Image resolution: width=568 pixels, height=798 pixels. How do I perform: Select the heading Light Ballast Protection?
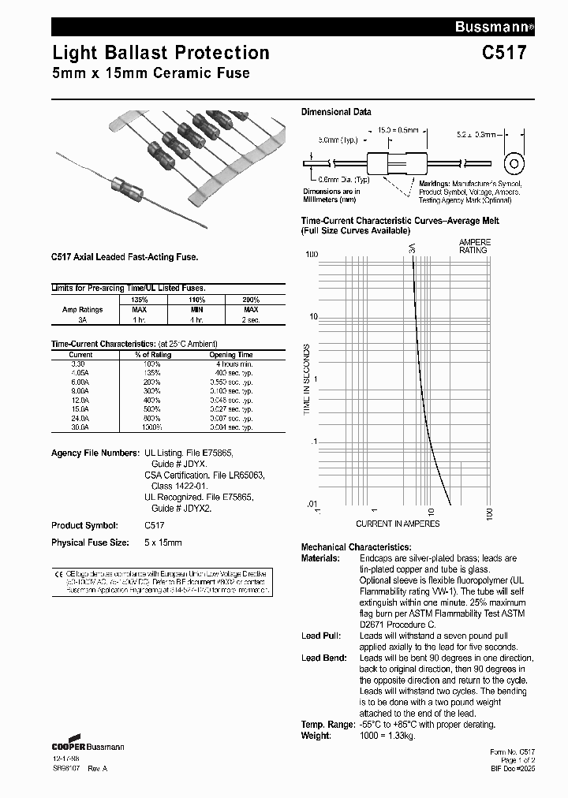[x=161, y=53]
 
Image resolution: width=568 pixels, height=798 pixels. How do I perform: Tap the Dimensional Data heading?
[x=336, y=112]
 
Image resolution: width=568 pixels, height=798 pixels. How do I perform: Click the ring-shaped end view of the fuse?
[x=515, y=164]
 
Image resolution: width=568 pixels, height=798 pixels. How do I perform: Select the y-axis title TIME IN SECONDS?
[x=308, y=379]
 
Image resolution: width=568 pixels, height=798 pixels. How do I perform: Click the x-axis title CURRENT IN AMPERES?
[x=397, y=524]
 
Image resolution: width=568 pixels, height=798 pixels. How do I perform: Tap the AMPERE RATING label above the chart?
[x=474, y=245]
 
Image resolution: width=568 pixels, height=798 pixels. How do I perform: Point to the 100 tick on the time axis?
[x=311, y=254]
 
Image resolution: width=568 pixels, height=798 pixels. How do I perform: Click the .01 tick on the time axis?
[x=311, y=503]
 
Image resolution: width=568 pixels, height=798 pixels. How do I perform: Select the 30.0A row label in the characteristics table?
[x=80, y=427]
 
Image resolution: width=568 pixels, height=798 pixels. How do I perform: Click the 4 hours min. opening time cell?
[x=234, y=364]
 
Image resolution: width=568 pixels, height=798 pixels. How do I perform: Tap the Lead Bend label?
[x=321, y=658]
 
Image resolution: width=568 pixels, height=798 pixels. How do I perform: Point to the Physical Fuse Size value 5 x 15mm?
[x=163, y=543]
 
